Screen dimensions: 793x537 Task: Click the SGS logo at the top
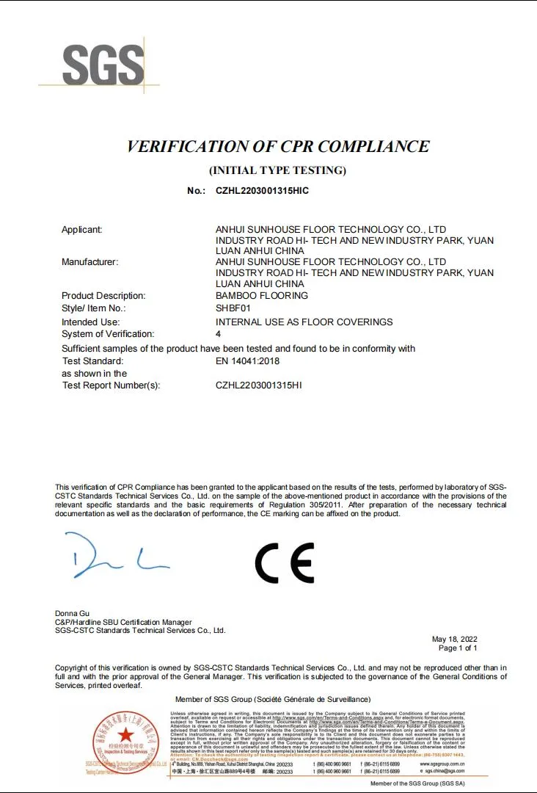click(103, 65)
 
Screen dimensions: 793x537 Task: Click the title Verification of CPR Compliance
click(278, 146)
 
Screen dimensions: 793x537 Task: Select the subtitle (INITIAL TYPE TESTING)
click(277, 170)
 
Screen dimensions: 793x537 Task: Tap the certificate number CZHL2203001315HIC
click(262, 191)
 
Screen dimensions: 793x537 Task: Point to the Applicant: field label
click(81, 230)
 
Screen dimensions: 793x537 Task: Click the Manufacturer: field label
click(89, 261)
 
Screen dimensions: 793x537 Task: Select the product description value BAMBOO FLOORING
click(262, 296)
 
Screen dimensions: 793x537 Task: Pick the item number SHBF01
click(233, 308)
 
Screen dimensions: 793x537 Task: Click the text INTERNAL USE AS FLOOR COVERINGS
click(304, 322)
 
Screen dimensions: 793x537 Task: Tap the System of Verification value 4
click(219, 334)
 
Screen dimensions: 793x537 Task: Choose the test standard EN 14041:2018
click(247, 361)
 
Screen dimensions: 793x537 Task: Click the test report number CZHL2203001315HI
click(258, 385)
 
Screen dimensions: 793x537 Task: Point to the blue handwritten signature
click(117, 556)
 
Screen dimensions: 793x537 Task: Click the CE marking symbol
click(285, 563)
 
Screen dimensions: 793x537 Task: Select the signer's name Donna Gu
click(72, 613)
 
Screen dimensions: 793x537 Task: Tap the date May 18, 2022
click(454, 639)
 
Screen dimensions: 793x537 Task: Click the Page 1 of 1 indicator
click(458, 648)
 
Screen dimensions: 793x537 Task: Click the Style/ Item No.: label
click(94, 308)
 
